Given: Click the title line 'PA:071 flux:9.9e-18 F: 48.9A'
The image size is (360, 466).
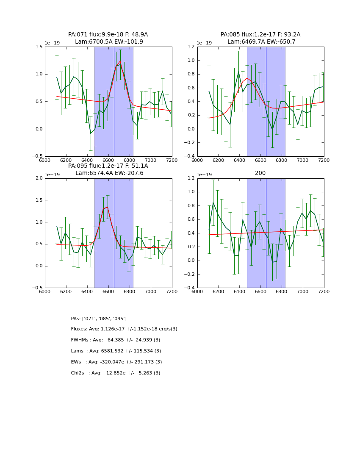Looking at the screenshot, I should click(x=108, y=35).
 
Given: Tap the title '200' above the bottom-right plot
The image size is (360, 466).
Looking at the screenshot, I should click(x=260, y=173).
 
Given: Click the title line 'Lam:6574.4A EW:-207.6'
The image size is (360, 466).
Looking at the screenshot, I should click(x=109, y=173).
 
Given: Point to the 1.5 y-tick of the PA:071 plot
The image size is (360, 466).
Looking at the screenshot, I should click(x=38, y=47).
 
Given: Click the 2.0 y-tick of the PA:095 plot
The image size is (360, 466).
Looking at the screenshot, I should click(x=38, y=178).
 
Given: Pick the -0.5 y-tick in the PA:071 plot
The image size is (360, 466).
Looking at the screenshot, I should click(x=37, y=156).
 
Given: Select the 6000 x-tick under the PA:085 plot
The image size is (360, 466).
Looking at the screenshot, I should click(x=197, y=160).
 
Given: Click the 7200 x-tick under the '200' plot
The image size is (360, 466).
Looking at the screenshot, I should click(x=324, y=291).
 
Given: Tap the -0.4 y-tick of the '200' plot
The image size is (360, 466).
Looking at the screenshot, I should click(x=190, y=288).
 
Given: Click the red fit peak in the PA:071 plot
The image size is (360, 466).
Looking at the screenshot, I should click(x=120, y=61).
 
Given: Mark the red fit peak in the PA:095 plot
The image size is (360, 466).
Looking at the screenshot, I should click(x=108, y=207).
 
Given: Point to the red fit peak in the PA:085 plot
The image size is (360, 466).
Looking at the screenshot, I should click(x=247, y=78).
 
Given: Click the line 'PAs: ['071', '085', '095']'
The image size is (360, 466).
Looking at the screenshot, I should click(x=99, y=319).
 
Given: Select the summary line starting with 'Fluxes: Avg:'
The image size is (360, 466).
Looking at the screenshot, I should click(x=124, y=329).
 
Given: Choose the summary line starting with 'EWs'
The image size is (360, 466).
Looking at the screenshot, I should click(x=116, y=362).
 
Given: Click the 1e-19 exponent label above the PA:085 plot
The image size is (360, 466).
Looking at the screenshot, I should click(x=205, y=43).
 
